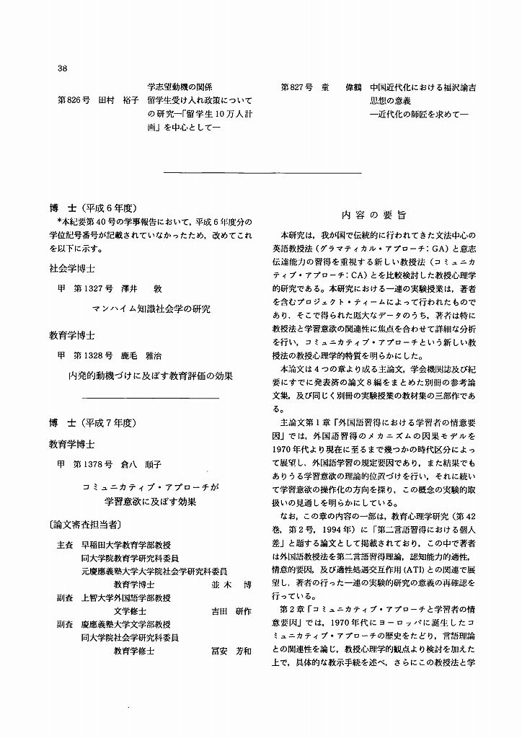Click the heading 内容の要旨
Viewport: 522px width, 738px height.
coord(373,215)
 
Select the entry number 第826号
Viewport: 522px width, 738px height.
coord(73,101)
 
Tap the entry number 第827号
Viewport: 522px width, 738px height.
coord(296,88)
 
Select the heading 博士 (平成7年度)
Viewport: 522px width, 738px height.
coord(98,422)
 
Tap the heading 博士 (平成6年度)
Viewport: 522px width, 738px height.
coord(98,206)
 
